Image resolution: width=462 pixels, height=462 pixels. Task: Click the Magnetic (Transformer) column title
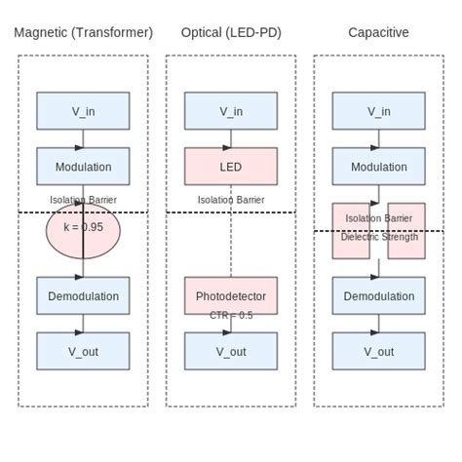coord(83,32)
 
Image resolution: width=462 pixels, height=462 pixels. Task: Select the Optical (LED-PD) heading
coord(231,32)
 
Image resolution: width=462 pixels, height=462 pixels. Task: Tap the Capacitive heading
coord(378,32)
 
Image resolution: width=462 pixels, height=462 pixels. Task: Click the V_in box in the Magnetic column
coord(83,111)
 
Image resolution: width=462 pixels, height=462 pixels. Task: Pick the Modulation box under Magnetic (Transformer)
coord(83,167)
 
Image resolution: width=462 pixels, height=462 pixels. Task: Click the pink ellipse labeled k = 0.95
coord(83,232)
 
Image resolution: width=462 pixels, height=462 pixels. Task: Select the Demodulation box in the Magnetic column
coord(83,296)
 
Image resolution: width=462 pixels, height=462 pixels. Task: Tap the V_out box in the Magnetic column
coord(83,352)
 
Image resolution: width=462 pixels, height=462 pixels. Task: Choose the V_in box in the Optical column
coord(231,111)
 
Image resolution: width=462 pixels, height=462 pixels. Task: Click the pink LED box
coord(231,167)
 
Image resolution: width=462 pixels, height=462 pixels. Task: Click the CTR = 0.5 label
coord(231,316)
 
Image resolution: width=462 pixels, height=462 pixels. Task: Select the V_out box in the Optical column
coord(231,352)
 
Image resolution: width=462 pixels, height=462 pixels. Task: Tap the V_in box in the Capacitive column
coord(378,111)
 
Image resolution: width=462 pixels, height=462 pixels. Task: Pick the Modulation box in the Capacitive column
coord(378,167)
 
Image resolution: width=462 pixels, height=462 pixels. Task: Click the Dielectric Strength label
coord(378,237)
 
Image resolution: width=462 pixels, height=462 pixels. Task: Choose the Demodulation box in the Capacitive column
coord(378,296)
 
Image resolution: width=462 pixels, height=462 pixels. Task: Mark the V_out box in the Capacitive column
coord(378,352)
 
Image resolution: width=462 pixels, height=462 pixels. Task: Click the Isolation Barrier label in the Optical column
coord(231,200)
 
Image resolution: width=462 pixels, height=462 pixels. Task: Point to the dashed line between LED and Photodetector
coord(231,249)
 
